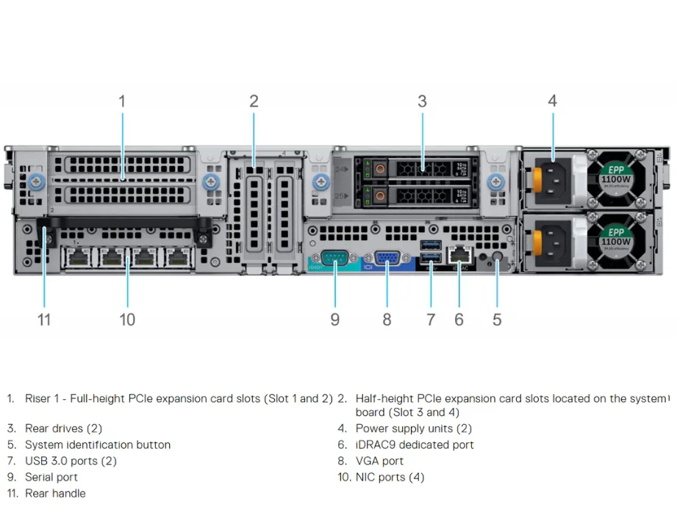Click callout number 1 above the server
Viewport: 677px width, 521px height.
coord(122,101)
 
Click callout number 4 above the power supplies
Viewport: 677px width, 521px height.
coord(552,101)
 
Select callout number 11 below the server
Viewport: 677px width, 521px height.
coord(44,320)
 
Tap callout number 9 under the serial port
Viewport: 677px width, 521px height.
coord(334,320)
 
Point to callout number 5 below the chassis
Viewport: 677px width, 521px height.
coord(497,320)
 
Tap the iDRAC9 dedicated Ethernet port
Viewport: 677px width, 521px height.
coord(460,256)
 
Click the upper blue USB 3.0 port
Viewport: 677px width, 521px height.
coord(431,244)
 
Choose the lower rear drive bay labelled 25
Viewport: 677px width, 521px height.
coord(416,195)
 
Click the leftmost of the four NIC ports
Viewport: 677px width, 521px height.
coord(76,257)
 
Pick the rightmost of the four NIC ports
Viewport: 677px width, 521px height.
coord(178,257)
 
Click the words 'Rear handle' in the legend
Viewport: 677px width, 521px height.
coord(55,493)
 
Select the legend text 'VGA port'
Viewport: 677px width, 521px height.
coord(379,461)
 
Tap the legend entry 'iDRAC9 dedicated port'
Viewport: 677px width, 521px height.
coord(415,445)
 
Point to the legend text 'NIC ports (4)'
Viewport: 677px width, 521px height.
coord(390,477)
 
